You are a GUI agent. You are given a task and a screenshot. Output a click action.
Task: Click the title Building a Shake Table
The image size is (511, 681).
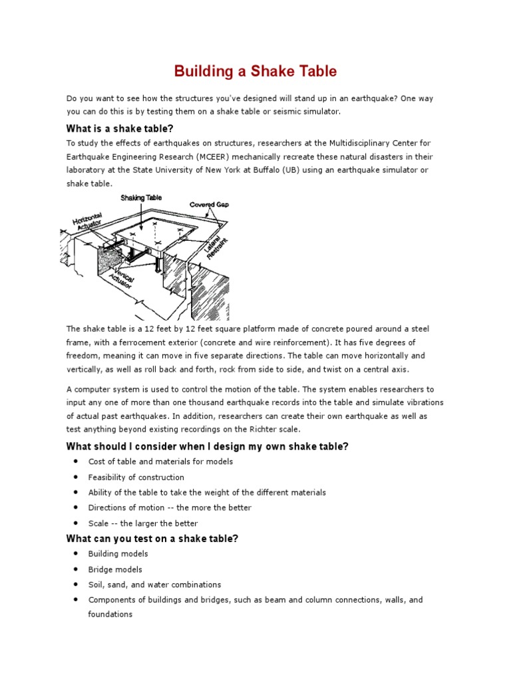click(x=255, y=71)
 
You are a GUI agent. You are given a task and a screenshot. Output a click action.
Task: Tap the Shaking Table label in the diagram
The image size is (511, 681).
click(x=140, y=198)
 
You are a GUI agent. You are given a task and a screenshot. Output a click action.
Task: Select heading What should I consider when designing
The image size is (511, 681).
click(x=207, y=446)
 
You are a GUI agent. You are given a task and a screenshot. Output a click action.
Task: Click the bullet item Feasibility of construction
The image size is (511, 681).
click(x=136, y=477)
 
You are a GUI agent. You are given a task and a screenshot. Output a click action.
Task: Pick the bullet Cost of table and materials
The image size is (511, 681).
click(x=160, y=462)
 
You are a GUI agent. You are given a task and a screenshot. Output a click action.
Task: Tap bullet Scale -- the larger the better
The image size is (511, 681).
click(x=143, y=523)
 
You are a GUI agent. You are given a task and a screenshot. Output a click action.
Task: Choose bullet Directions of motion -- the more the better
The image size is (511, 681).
click(x=170, y=507)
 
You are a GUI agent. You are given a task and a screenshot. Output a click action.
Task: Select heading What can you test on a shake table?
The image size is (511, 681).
click(x=152, y=539)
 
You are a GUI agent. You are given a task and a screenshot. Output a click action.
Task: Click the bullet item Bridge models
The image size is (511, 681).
click(x=115, y=569)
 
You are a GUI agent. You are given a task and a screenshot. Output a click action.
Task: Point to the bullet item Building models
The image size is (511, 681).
click(x=118, y=553)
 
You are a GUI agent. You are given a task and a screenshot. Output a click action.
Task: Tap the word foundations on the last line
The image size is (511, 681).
click(x=110, y=614)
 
